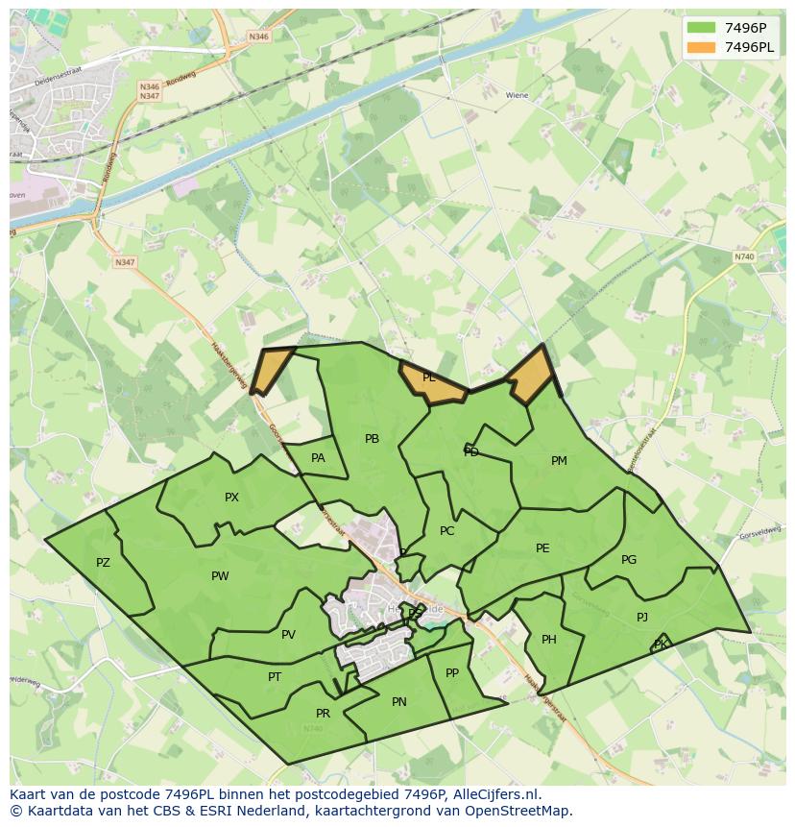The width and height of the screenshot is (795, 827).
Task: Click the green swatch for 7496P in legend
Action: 701,28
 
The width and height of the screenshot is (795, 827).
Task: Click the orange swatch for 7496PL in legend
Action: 701,47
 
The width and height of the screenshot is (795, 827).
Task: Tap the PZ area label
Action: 103,563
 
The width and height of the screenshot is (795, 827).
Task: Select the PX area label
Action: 231,498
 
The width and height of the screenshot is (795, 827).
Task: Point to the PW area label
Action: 220,576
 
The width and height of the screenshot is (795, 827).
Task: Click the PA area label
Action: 318,458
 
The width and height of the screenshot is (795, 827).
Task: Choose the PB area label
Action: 372,439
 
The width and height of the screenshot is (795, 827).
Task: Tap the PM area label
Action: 559,461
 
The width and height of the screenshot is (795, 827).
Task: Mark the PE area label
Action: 542,548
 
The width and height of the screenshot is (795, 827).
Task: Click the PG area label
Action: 629,560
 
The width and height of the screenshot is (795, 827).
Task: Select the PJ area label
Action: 642,618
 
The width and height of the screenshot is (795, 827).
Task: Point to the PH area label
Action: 549,640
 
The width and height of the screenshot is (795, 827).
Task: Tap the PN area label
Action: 399,702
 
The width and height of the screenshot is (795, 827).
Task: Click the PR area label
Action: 323,714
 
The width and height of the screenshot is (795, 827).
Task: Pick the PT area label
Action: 275,677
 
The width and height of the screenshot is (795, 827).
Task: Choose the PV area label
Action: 288,635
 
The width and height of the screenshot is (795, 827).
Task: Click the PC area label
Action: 446,531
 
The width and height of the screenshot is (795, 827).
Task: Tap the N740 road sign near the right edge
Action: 744,257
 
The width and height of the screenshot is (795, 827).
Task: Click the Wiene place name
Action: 517,96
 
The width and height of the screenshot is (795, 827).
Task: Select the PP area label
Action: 452,673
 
